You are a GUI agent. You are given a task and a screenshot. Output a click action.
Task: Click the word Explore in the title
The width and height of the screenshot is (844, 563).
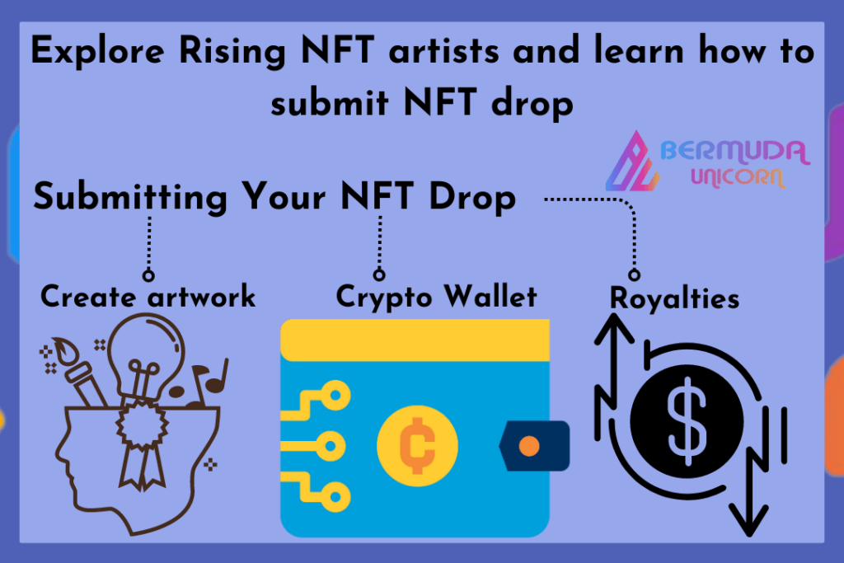(x=97, y=52)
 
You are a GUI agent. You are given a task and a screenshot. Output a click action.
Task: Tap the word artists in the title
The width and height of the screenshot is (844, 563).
(x=444, y=50)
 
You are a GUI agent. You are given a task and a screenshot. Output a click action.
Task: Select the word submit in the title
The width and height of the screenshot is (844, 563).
(x=330, y=101)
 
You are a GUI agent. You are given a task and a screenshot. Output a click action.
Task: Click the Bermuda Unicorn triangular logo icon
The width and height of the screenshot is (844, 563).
(x=632, y=162)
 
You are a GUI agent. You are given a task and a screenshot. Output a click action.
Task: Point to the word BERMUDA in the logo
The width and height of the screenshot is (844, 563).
(x=734, y=152)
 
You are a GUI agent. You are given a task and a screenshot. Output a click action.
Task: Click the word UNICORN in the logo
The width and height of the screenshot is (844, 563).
(x=738, y=177)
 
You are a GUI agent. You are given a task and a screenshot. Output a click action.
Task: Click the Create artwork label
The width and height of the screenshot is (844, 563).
(x=148, y=297)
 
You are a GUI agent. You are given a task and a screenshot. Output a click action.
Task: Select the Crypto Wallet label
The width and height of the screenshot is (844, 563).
(x=437, y=297)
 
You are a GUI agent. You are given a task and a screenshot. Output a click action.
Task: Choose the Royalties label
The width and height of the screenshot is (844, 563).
(x=674, y=298)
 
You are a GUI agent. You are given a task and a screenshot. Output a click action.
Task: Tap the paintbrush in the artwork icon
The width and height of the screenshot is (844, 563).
(x=80, y=371)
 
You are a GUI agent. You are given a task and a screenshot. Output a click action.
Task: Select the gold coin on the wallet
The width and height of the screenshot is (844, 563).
(x=417, y=446)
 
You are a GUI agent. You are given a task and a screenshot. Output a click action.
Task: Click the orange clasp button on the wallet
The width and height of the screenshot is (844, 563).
(x=529, y=446)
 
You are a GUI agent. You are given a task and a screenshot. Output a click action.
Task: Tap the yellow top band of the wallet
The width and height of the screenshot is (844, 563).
(x=415, y=340)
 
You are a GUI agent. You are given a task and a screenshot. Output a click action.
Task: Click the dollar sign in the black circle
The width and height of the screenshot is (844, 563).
(x=687, y=421)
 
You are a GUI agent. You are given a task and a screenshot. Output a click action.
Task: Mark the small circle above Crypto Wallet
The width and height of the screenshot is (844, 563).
(x=379, y=274)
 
